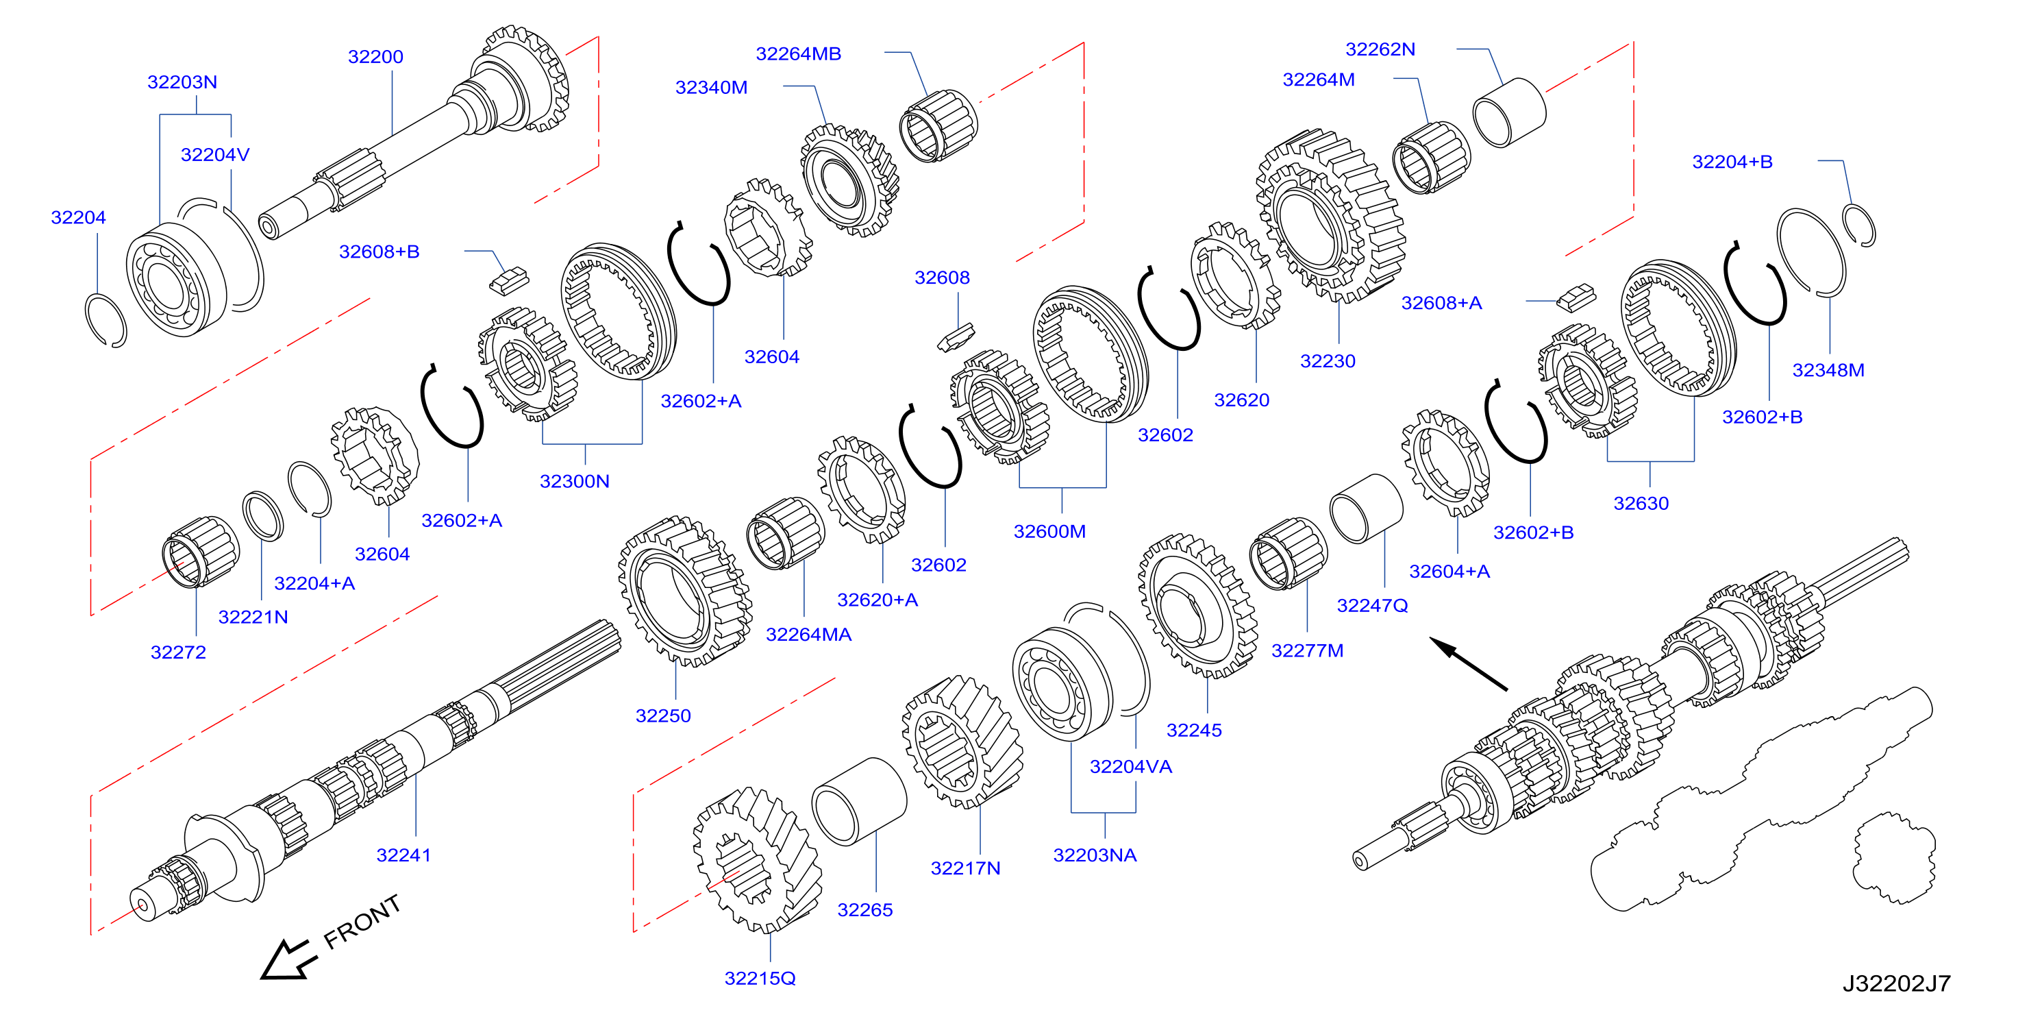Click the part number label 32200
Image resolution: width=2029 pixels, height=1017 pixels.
click(x=375, y=57)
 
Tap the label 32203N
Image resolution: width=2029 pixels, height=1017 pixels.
click(x=182, y=82)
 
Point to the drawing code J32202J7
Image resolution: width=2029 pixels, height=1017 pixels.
click(x=1896, y=983)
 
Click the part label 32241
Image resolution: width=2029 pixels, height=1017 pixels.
click(x=403, y=855)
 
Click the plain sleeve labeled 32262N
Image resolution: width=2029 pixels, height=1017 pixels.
click(x=1509, y=112)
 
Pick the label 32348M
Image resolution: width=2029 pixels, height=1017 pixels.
click(x=1828, y=369)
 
